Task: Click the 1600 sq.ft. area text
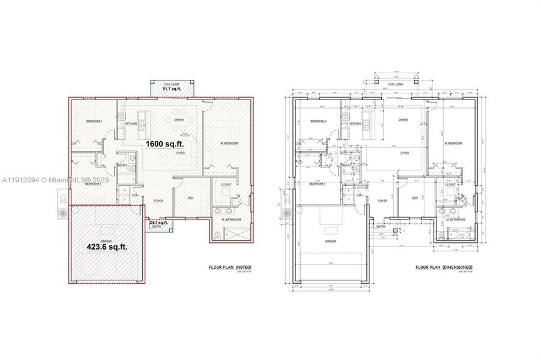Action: click(x=164, y=144)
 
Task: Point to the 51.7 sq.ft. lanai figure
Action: click(x=172, y=89)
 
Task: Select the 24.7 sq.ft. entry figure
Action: click(x=159, y=222)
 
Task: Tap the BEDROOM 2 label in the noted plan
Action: click(x=94, y=121)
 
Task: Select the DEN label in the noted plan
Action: click(x=190, y=198)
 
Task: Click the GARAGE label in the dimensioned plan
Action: click(x=330, y=241)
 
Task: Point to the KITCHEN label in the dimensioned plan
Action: click(x=355, y=124)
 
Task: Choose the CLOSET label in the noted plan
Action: click(x=226, y=184)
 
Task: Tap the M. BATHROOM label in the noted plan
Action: click(x=231, y=220)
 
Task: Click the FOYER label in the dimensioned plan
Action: click(x=382, y=200)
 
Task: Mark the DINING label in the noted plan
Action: click(x=179, y=119)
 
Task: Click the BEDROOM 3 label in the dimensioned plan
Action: click(x=318, y=183)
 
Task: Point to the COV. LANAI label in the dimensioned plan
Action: click(x=394, y=85)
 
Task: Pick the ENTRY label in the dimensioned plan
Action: click(x=381, y=227)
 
